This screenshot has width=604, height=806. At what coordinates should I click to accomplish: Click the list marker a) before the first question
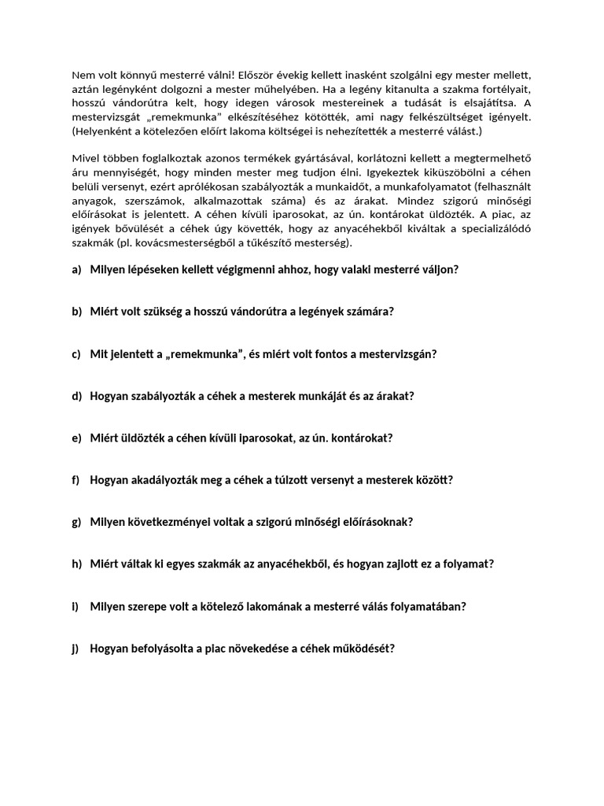click(x=76, y=269)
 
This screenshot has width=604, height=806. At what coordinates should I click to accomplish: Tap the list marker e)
click(x=76, y=438)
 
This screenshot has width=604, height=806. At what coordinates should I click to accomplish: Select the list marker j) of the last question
click(x=75, y=649)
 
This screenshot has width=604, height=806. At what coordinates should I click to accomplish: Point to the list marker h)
click(x=76, y=564)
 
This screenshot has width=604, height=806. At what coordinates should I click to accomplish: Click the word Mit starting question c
click(x=99, y=353)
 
